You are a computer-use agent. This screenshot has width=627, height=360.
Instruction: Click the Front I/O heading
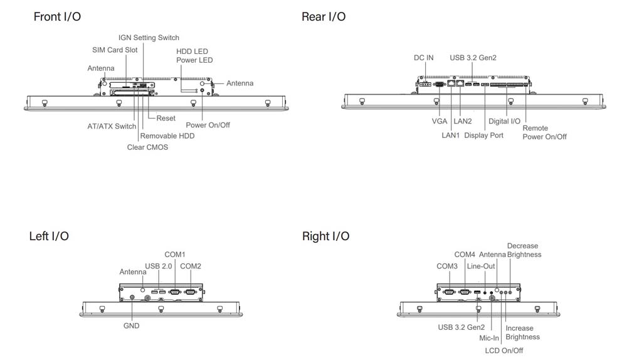[x=57, y=17]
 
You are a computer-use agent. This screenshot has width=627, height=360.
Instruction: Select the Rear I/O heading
[x=324, y=17]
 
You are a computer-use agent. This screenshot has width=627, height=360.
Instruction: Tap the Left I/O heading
[x=49, y=236]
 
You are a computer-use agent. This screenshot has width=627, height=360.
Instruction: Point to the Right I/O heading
[x=326, y=236]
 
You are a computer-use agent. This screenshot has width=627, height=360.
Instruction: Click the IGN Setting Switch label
[x=149, y=38]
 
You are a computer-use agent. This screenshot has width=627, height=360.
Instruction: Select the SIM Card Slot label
[x=115, y=50]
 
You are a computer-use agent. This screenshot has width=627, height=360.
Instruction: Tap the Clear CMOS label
[x=147, y=147]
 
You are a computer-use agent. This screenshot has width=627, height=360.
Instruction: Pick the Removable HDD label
[x=167, y=136]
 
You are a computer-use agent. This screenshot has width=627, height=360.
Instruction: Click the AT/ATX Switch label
[x=112, y=126]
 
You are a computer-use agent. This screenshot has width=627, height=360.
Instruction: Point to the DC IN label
[x=424, y=58]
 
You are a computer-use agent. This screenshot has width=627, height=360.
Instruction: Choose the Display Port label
[x=483, y=136]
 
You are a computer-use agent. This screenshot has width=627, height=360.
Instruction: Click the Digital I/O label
[x=505, y=121]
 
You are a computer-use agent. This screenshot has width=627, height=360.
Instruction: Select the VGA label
[x=440, y=121]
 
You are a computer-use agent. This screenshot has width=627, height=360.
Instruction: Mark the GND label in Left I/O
[x=132, y=326]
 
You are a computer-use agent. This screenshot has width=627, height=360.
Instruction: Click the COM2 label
[x=191, y=266]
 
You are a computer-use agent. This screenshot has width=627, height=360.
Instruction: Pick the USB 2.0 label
[x=159, y=266]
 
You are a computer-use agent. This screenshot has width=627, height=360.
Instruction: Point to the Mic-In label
[x=489, y=338]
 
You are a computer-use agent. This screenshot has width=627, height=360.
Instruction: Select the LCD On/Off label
[x=504, y=351]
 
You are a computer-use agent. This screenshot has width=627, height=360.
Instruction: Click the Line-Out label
[x=481, y=266]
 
